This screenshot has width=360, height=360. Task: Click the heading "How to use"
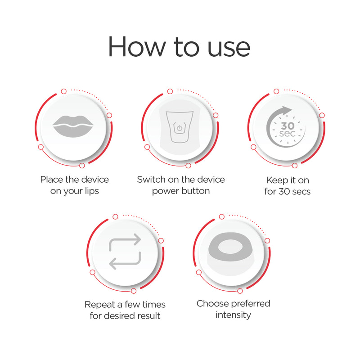click(x=179, y=46)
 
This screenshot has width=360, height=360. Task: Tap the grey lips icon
click(x=72, y=125)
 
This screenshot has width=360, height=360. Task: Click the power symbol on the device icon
click(x=180, y=128)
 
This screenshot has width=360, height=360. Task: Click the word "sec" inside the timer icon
click(x=287, y=134)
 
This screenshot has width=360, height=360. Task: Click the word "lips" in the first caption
click(x=90, y=191)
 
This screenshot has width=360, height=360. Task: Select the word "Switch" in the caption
click(x=151, y=180)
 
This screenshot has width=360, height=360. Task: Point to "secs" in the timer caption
click(x=301, y=191)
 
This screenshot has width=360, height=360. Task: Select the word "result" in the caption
click(x=147, y=315)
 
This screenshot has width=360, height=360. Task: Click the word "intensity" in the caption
click(x=233, y=315)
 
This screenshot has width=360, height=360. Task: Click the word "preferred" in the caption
click(x=251, y=304)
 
